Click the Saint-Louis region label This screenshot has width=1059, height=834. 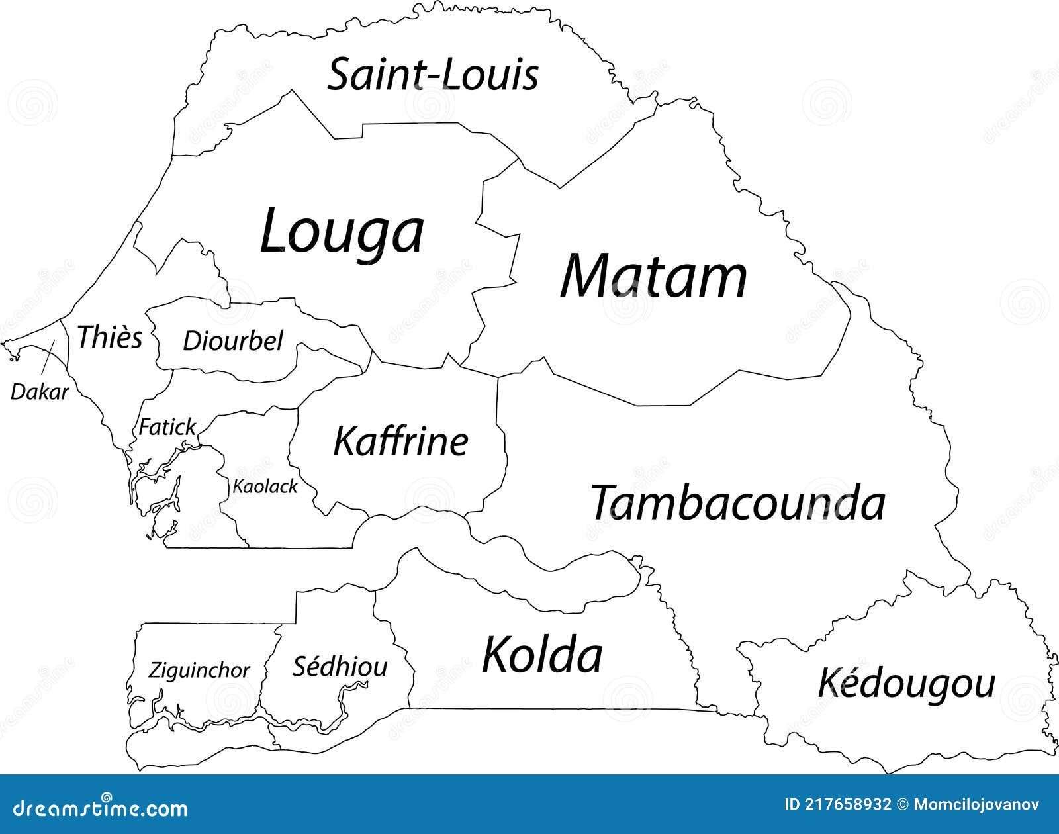tap(434, 74)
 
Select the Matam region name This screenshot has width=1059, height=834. tap(654, 276)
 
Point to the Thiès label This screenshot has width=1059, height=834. tap(110, 337)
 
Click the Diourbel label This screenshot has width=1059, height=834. tap(232, 341)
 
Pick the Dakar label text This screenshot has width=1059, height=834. tap(39, 392)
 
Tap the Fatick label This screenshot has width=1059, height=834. tap(167, 427)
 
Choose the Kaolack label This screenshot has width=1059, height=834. tap(265, 486)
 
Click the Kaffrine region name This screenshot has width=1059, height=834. tap(400, 441)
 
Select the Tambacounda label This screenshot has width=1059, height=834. tap(737, 502)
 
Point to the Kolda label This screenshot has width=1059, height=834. tap(542, 655)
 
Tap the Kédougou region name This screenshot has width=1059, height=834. tap(907, 684)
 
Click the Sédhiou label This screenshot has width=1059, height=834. tap(340, 667)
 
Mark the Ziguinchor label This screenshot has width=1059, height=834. tap(199, 671)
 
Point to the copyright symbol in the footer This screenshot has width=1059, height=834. tap(902, 805)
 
